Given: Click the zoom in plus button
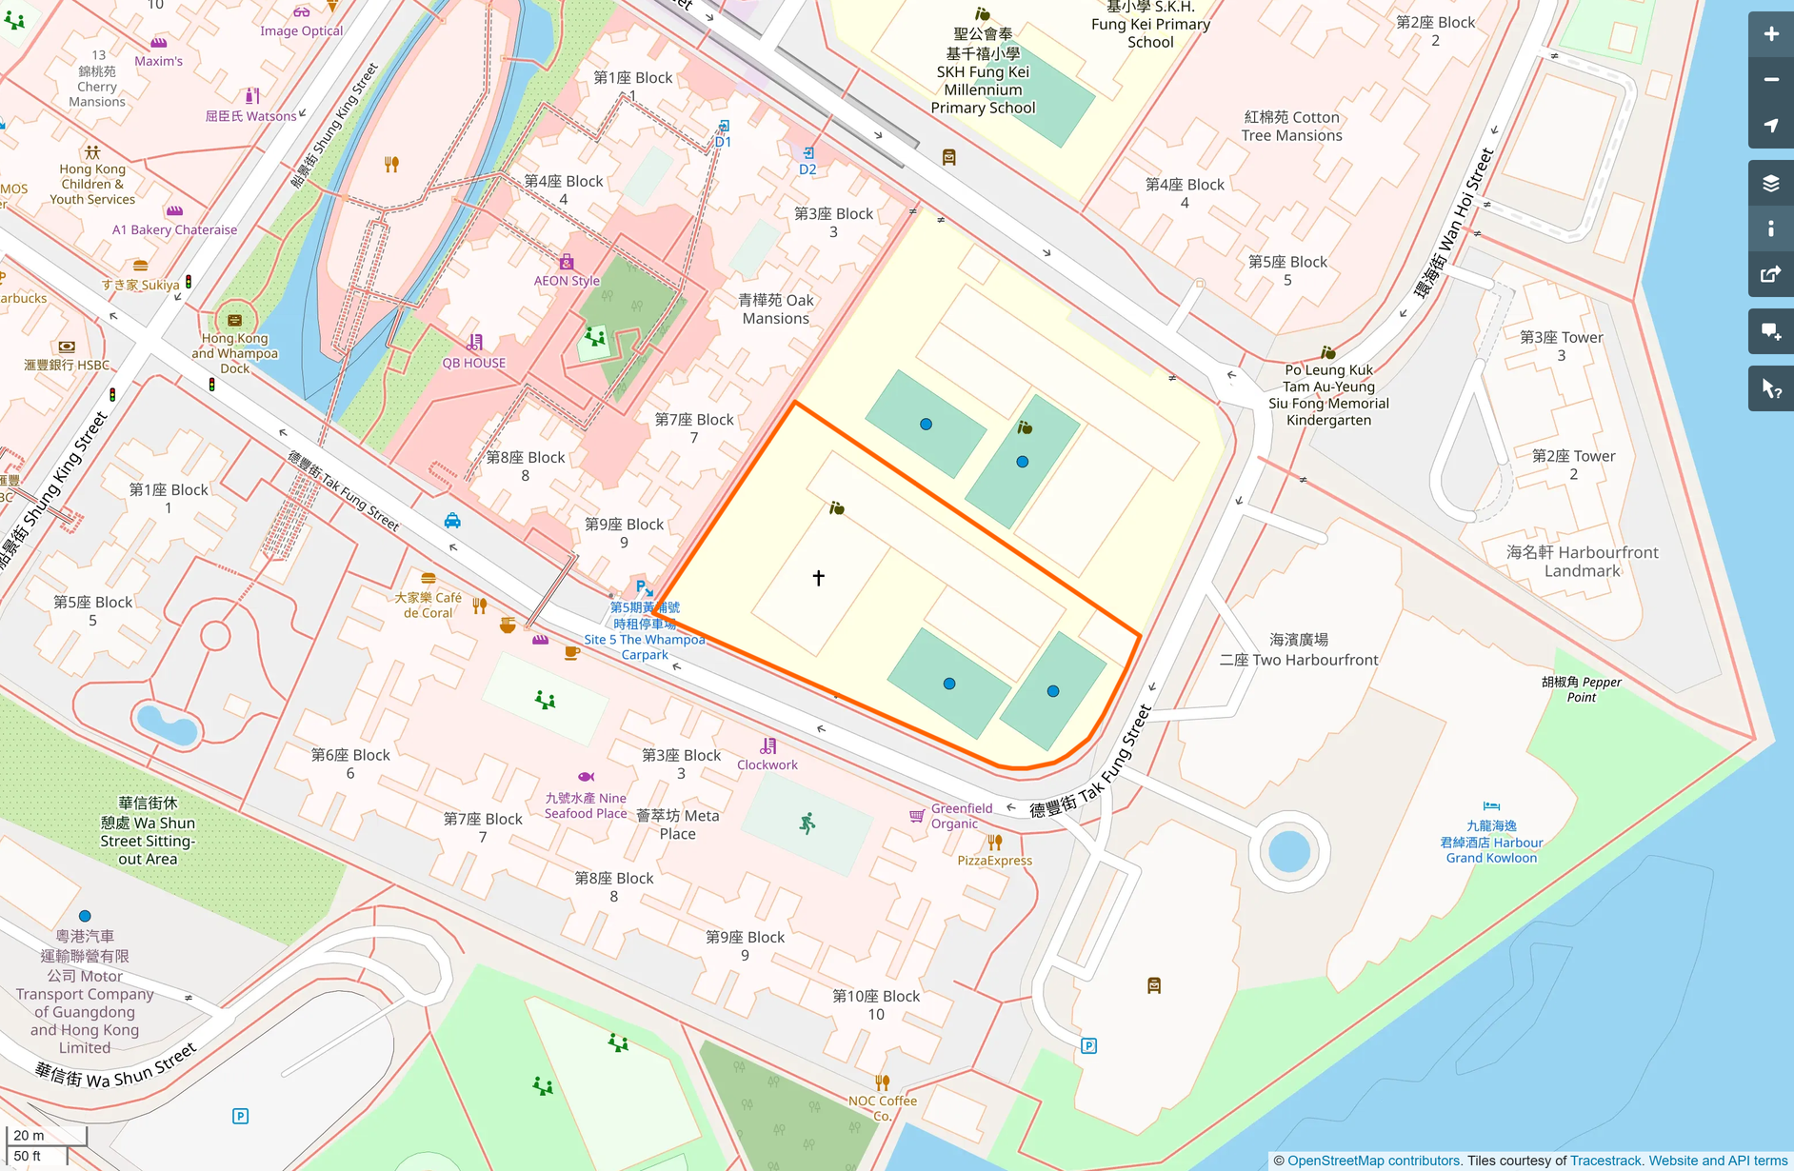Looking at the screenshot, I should pos(1770,34).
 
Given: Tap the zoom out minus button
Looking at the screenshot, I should pos(1770,80).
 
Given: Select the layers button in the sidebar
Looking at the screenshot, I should pos(1770,183).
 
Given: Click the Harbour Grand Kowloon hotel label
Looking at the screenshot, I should pos(1491,843).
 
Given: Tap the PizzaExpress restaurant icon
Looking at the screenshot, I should pos(994,843).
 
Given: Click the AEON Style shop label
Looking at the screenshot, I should pos(567,281).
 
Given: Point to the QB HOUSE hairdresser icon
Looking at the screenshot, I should pos(474,343).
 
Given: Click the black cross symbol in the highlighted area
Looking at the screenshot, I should pos(818,578).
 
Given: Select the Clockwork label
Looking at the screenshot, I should pos(767,764).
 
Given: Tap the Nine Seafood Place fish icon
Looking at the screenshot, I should pos(586,777).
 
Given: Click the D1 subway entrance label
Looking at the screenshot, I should pos(723,142).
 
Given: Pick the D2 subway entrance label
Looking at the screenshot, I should pos(807,169).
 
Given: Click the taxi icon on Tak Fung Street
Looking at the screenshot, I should pos(452,521).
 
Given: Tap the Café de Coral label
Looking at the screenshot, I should pos(429,605).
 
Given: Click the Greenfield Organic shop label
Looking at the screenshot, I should pos(961,816).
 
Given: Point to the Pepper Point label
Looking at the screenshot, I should pos(1581,689).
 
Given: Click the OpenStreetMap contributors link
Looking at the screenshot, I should pos(1373,1161).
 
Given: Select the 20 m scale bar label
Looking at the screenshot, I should pos(29,1135).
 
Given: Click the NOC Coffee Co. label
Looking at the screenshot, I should pos(883,1108).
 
